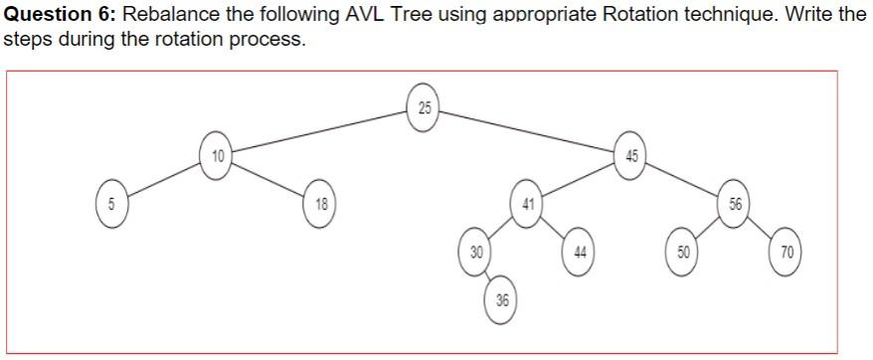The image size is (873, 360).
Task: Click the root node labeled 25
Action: pos(425,106)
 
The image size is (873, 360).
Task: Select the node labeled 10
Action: pos(216,156)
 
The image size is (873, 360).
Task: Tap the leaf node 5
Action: pos(112,204)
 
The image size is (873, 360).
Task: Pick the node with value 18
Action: pos(320,204)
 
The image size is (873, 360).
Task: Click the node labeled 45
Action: pos(631,156)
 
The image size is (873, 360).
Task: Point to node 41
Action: pos(528,203)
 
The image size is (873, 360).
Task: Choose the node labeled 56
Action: pos(735,204)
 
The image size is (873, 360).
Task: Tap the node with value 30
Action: pos(476,252)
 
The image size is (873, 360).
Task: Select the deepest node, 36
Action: pos(502,299)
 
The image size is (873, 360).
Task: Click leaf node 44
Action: pos(580,252)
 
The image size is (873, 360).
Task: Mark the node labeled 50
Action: pos(683,252)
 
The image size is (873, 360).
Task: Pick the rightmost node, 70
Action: pos(786,252)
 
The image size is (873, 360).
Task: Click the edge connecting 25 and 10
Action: pos(320,131)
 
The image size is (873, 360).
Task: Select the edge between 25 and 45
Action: pos(528,131)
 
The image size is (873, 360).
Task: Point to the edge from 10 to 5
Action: pos(164,180)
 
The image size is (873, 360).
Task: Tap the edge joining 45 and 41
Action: pos(580,180)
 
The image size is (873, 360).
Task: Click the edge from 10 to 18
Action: pos(268,180)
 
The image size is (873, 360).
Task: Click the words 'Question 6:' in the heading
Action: pos(60,17)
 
